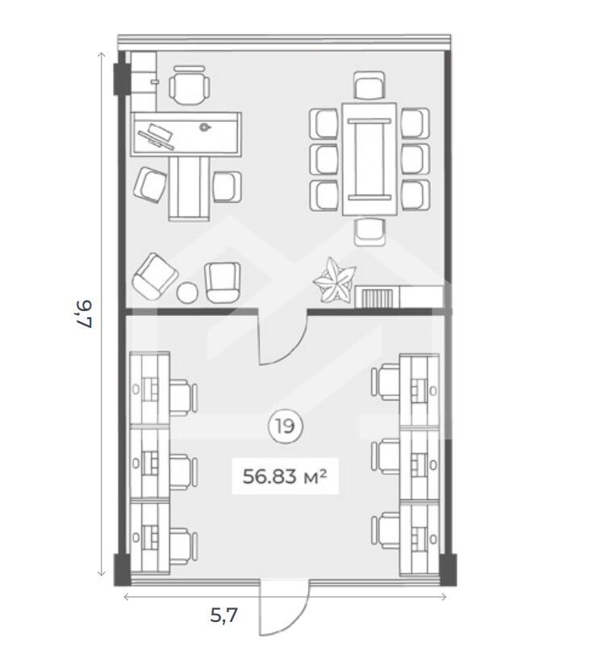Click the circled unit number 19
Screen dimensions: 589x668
pyautogui.click(x=285, y=426)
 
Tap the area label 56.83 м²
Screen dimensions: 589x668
pyautogui.click(x=285, y=476)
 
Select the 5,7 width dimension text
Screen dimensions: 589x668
pyautogui.click(x=223, y=615)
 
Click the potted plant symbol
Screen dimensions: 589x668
pyautogui.click(x=335, y=279)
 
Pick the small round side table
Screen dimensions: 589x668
pyautogui.click(x=187, y=292)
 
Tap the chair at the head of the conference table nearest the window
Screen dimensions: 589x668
pyautogui.click(x=370, y=85)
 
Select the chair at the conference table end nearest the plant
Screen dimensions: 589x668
pyautogui.click(x=370, y=232)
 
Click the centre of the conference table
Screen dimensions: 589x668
pyautogui.click(x=370, y=159)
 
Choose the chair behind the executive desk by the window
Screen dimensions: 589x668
pyautogui.click(x=190, y=85)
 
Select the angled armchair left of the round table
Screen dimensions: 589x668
pyautogui.click(x=155, y=276)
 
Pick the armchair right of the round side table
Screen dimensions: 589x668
pyautogui.click(x=222, y=282)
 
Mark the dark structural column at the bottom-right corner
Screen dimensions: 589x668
pyautogui.click(x=448, y=569)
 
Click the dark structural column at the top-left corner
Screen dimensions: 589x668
pyautogui.click(x=121, y=79)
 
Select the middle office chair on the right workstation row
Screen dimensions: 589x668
pyautogui.click(x=385, y=456)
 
